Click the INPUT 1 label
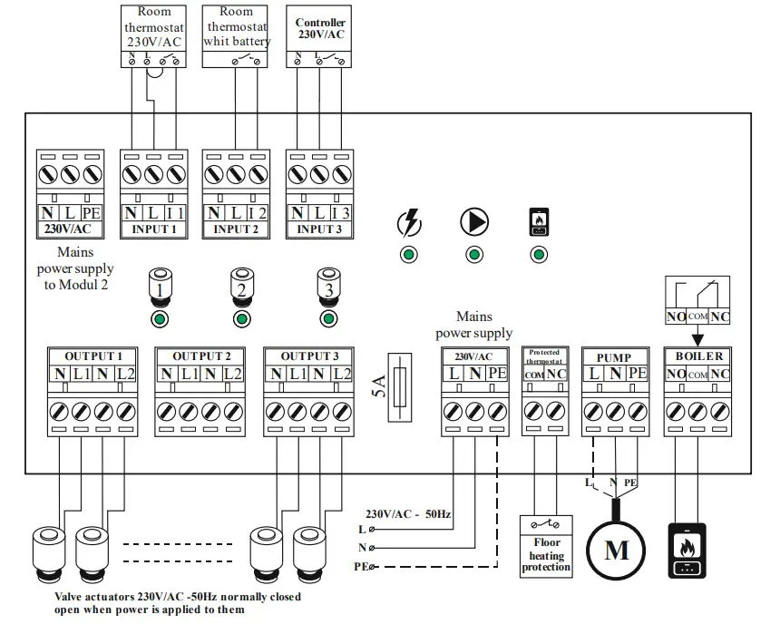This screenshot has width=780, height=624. [x=153, y=229]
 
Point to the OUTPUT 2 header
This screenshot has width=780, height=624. [x=201, y=356]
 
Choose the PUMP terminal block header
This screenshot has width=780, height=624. [x=614, y=357]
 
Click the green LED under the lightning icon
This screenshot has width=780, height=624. [x=410, y=254]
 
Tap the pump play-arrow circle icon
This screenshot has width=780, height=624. [x=473, y=221]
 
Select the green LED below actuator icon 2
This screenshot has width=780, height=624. [x=241, y=318]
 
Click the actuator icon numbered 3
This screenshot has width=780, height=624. [x=327, y=288]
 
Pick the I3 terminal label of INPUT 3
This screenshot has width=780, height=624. [x=340, y=213]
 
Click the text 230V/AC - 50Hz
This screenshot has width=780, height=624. [x=408, y=513]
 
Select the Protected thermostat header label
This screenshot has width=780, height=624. [x=544, y=356]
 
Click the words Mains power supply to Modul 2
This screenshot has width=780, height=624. [x=74, y=269]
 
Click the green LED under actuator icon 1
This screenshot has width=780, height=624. [x=159, y=318]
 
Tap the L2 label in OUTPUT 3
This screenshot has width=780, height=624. [x=341, y=374]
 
